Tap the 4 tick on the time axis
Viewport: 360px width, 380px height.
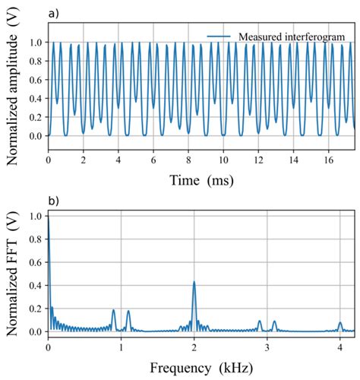tap(118, 161)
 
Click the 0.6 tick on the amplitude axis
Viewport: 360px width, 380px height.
tap(33, 80)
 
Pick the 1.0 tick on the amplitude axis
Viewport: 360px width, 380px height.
tap(33, 43)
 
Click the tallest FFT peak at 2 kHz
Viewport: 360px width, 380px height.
tap(194, 283)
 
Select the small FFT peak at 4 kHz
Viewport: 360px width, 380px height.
tap(340, 324)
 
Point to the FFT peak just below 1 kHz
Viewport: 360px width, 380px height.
tap(114, 310)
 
